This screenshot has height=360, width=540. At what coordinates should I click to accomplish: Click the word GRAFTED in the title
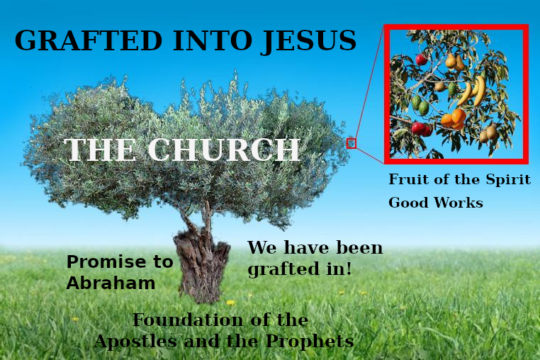pyautogui.click(x=88, y=40)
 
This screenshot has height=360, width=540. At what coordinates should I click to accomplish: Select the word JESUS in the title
pyautogui.click(x=308, y=41)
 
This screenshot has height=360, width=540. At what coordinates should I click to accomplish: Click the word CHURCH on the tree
pyautogui.click(x=224, y=150)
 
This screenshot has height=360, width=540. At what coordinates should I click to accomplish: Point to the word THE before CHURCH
pyautogui.click(x=100, y=150)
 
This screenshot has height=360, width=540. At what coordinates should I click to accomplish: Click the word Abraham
pyautogui.click(x=111, y=283)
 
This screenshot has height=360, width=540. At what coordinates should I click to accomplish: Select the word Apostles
pyautogui.click(x=135, y=342)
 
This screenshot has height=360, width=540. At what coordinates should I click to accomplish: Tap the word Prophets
pyautogui.click(x=310, y=342)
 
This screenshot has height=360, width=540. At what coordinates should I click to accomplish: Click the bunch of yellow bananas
pyautogui.click(x=471, y=91)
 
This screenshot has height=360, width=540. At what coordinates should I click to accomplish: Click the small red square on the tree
pyautogui.click(x=351, y=143)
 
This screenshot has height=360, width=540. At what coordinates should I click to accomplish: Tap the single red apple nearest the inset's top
pyautogui.click(x=421, y=60)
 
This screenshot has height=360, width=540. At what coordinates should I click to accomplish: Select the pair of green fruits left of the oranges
pyautogui.click(x=420, y=105)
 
